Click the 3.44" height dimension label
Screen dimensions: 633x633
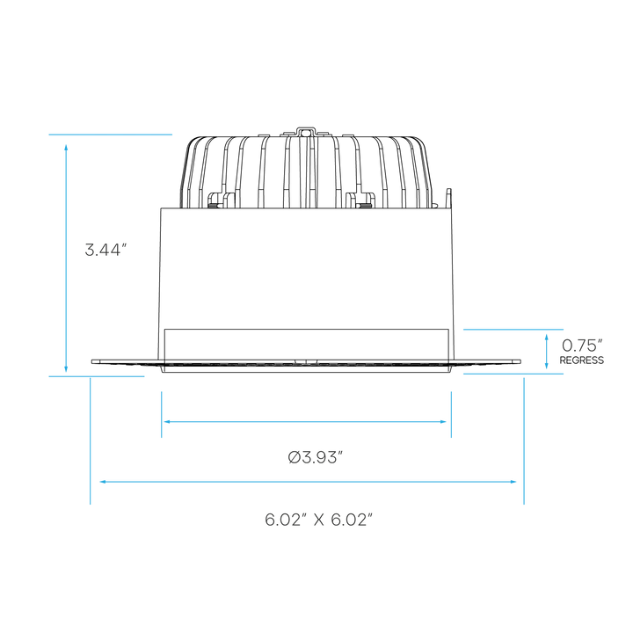point(103,250)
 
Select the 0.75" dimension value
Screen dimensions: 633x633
point(582,346)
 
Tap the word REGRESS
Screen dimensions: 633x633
point(582,360)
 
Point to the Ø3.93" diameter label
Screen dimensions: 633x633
point(316,458)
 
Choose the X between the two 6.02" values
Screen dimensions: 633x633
point(319,520)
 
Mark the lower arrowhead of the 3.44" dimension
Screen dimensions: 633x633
point(66,369)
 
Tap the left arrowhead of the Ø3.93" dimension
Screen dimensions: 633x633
point(166,422)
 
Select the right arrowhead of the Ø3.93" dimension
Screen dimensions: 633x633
point(443,422)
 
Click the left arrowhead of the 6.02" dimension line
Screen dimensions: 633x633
point(103,482)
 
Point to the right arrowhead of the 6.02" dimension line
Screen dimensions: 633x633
point(513,482)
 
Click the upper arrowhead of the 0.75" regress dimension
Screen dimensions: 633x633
point(547,337)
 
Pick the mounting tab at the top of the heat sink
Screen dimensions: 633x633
point(306,132)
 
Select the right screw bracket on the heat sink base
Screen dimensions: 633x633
point(360,200)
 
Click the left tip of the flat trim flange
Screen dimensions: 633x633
point(91,361)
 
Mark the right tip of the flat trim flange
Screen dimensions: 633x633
point(520,361)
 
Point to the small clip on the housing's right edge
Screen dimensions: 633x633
point(448,199)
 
